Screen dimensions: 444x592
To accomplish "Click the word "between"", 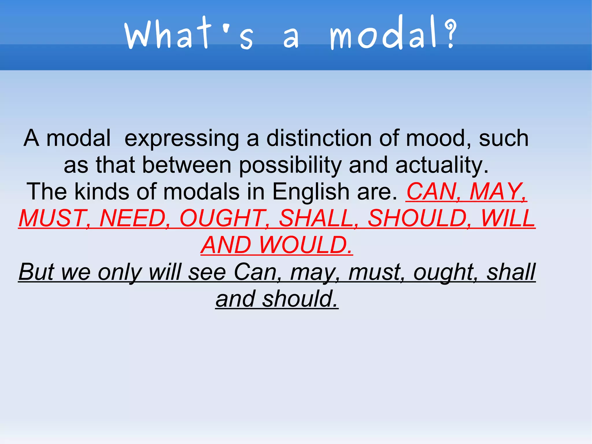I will (x=187, y=165).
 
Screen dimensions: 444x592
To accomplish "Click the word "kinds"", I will (x=101, y=192).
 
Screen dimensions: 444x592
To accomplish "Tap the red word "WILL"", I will (x=508, y=218).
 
